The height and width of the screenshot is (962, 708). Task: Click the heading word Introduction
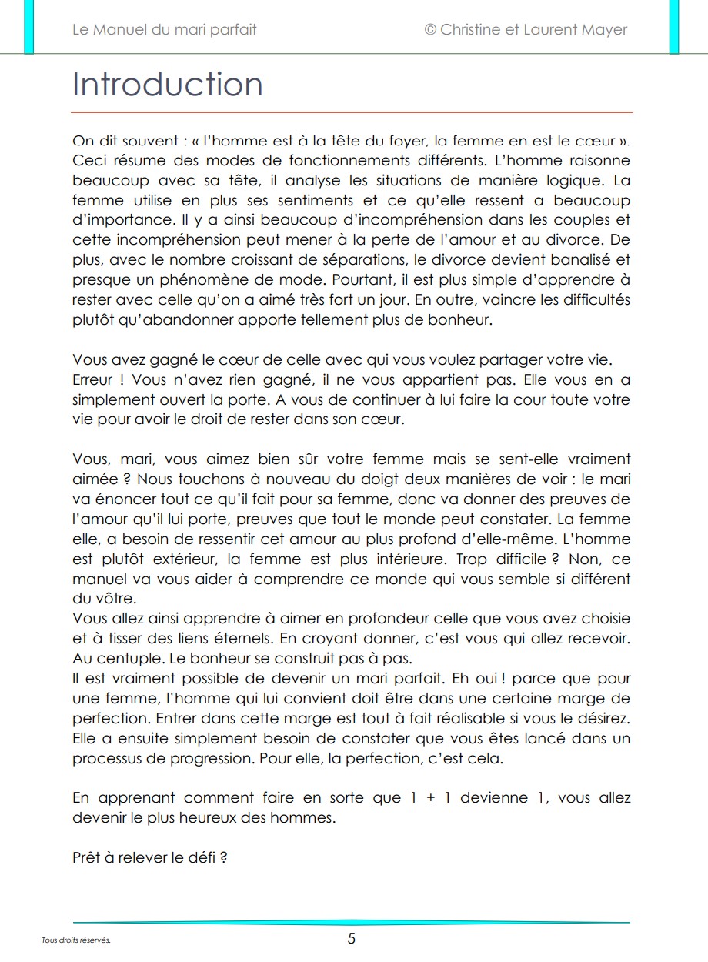pyautogui.click(x=167, y=85)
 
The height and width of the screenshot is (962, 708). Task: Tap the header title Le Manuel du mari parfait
pyautogui.click(x=164, y=30)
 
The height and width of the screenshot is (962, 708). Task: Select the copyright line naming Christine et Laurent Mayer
pyautogui.click(x=526, y=30)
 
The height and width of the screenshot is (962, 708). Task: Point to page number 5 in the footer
pyautogui.click(x=352, y=938)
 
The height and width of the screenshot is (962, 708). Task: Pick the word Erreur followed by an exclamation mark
pyautogui.click(x=93, y=380)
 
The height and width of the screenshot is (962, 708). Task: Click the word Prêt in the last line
pyautogui.click(x=87, y=857)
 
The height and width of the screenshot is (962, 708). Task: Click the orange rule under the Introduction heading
pyautogui.click(x=352, y=112)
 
